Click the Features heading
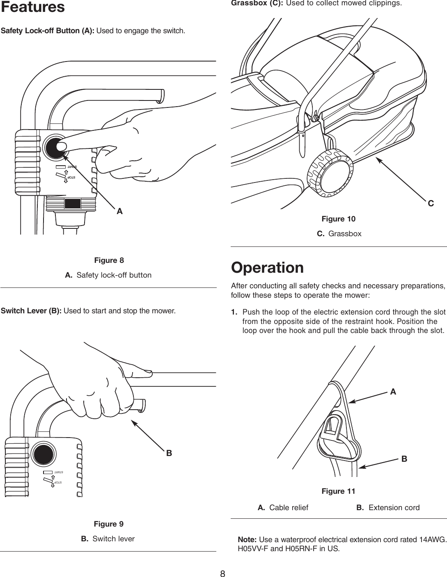(x=32, y=7)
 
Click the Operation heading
(x=267, y=268)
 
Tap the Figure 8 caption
(x=109, y=260)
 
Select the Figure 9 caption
(x=109, y=524)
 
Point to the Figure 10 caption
(x=338, y=219)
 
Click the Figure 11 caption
(x=338, y=491)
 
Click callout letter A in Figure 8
(x=119, y=212)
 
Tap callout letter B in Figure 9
(x=169, y=454)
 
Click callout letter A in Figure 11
(x=393, y=392)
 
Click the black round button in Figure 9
(x=44, y=453)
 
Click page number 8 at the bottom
(x=223, y=573)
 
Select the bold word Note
(x=248, y=538)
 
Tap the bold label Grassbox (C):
(x=257, y=3)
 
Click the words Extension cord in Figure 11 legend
(x=394, y=508)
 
